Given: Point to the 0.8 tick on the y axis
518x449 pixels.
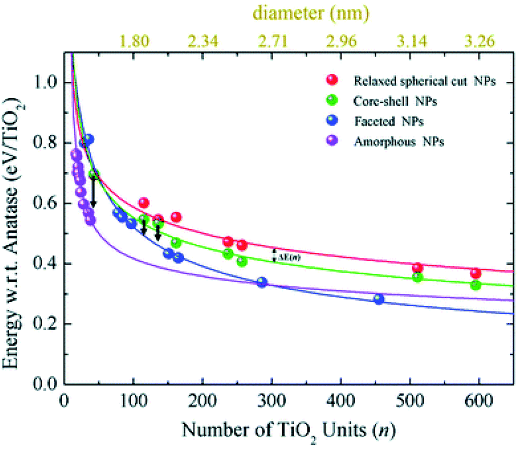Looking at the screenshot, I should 48,143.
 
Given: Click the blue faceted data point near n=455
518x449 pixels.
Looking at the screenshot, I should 378,299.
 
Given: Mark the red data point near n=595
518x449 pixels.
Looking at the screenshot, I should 476,273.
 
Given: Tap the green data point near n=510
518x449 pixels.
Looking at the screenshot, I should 418,277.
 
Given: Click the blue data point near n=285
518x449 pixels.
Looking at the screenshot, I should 262,282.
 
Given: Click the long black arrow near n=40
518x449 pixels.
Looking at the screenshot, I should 93,192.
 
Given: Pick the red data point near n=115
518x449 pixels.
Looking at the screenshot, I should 143,203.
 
